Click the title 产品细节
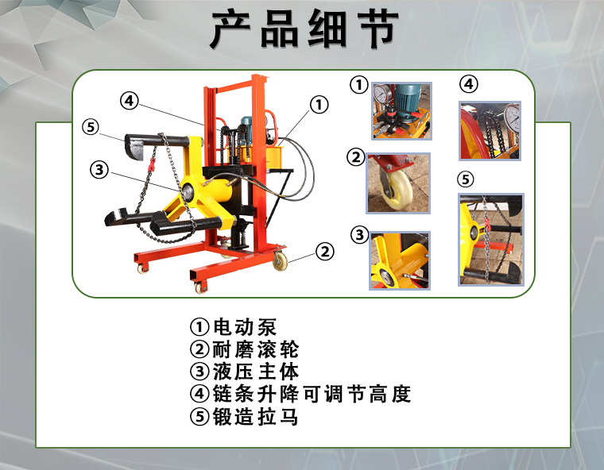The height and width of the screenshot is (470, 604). (x=304, y=29)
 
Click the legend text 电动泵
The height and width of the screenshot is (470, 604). (x=245, y=327)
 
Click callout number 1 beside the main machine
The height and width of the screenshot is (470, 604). (x=319, y=105)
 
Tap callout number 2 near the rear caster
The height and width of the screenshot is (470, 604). (x=325, y=252)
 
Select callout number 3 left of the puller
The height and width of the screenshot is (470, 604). (x=99, y=170)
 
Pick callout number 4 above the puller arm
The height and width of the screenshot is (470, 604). (x=129, y=101)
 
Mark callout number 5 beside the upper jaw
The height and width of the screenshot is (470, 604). (x=91, y=127)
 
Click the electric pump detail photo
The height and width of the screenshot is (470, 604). (x=402, y=111)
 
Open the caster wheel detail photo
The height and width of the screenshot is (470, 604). (x=398, y=183)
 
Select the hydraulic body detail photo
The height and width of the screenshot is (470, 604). (x=400, y=260)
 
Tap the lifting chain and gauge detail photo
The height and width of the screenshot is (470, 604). (x=490, y=131)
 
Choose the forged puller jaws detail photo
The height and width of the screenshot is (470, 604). (x=491, y=240)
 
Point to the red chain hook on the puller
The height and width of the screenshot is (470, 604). (x=152, y=165)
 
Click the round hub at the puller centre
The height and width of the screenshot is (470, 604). (x=188, y=191)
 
